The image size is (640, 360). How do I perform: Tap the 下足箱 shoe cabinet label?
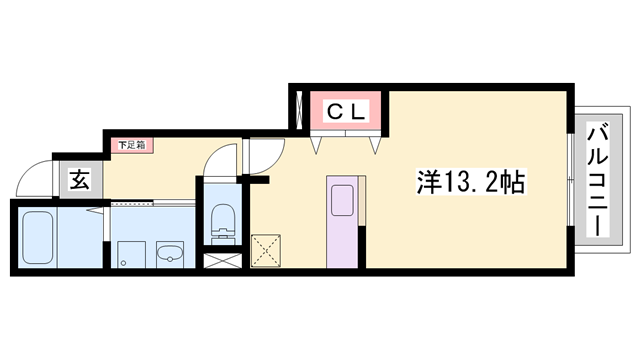[132, 146]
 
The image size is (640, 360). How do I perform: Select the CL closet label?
[347, 111]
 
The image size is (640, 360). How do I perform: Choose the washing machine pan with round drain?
[129, 252]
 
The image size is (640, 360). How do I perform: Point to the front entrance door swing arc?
[35, 178]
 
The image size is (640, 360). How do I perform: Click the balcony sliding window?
[571, 180]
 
